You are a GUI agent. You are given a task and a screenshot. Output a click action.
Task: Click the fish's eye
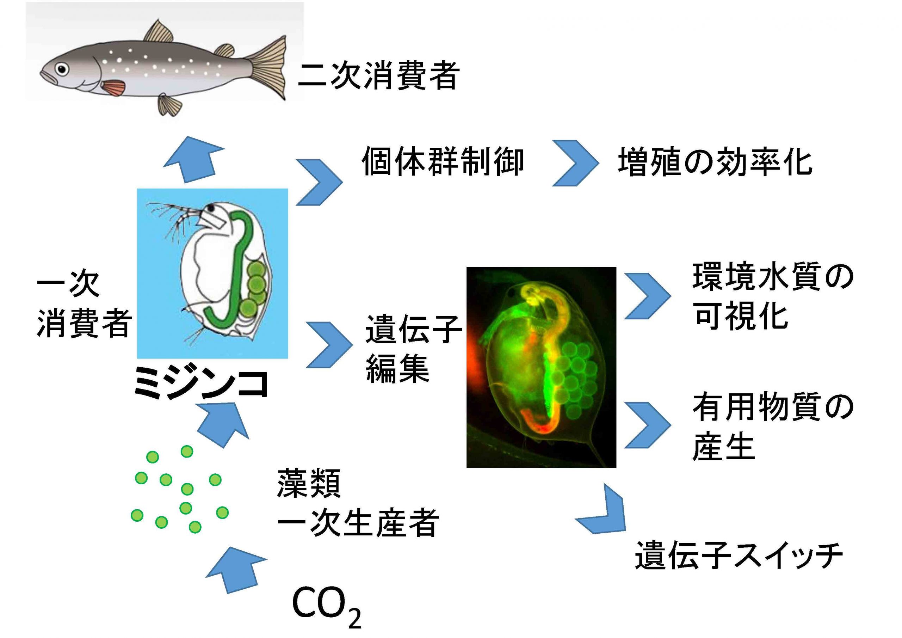tap(62, 69)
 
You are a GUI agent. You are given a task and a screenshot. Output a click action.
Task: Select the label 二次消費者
tap(379, 75)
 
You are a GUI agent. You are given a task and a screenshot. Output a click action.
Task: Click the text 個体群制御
tap(443, 161)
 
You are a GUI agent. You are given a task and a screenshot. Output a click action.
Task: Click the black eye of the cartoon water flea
tap(211, 208)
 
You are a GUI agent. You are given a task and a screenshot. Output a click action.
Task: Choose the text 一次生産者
tap(358, 522)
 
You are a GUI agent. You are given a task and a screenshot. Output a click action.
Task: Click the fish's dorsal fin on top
tap(159, 31)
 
